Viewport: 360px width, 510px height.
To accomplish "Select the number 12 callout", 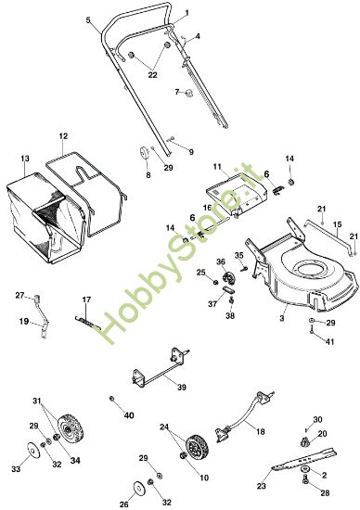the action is [x=63, y=136].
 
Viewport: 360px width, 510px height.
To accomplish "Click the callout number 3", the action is [x=281, y=318].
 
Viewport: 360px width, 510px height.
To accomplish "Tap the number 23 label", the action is [x=262, y=485].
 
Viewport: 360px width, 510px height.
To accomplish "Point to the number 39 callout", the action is [x=181, y=387].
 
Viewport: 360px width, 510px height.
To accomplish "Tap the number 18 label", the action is [x=260, y=432].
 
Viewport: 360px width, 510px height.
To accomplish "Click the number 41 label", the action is [x=328, y=342].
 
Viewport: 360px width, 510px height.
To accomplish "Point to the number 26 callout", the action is [x=124, y=504].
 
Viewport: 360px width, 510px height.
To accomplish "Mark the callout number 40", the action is [x=129, y=414].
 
